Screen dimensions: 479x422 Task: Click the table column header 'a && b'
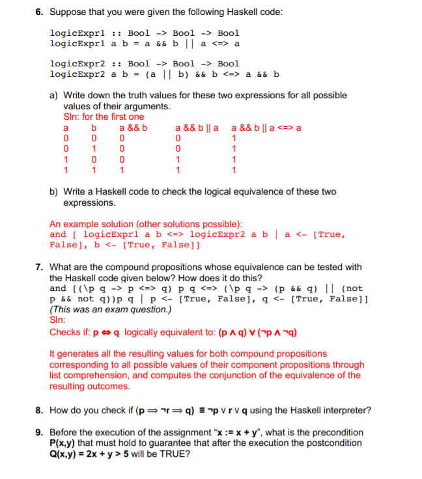(x=133, y=128)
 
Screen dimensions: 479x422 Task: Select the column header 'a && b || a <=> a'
(x=266, y=128)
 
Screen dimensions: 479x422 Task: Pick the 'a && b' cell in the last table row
(x=122, y=171)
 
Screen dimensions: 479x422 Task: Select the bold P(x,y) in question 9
(x=65, y=443)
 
